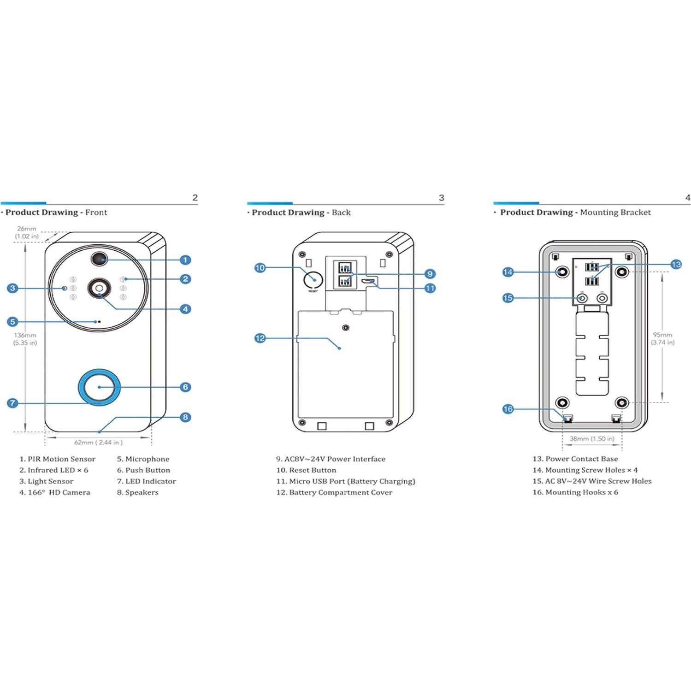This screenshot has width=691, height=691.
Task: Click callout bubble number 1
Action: click(x=185, y=260)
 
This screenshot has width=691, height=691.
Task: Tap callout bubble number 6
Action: click(x=185, y=387)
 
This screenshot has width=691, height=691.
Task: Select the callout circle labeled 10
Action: click(x=260, y=268)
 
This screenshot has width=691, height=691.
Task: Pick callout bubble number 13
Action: click(x=676, y=265)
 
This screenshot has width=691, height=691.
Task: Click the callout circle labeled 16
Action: click(x=508, y=409)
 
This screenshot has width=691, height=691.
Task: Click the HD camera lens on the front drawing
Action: click(x=99, y=288)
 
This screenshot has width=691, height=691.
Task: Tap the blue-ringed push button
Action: click(x=99, y=387)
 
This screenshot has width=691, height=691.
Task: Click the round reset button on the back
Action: click(x=313, y=279)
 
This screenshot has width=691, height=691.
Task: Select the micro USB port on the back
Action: click(x=368, y=281)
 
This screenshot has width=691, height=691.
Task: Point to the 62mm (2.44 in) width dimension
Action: click(x=98, y=443)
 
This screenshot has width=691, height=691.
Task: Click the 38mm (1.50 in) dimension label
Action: click(x=592, y=439)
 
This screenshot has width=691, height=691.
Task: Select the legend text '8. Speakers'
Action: click(x=137, y=492)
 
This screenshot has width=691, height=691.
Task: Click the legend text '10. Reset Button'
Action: click(x=306, y=470)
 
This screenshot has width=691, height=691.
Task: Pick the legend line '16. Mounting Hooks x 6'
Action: click(x=575, y=492)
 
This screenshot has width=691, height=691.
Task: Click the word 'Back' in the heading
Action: click(x=341, y=213)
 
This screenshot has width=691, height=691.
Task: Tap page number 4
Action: click(x=687, y=198)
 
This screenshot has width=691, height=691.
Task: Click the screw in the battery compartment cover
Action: click(x=346, y=328)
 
